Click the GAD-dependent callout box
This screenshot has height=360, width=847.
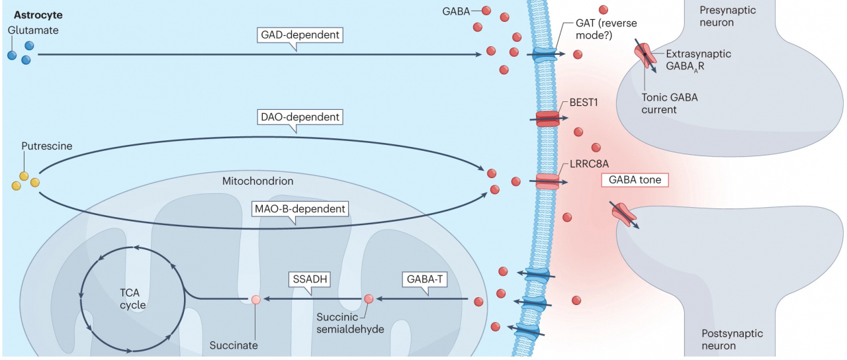coord(300,35)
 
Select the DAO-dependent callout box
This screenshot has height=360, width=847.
coord(300,117)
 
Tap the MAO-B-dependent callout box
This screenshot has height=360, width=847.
coord(300,208)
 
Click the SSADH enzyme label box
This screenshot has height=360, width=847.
coord(310,279)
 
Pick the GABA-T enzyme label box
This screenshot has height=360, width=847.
coord(424,279)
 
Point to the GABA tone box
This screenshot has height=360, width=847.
coord(635,180)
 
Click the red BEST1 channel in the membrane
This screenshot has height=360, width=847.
coord(547,118)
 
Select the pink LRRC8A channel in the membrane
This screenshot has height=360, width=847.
coord(547,182)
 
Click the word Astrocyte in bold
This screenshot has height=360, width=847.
coord(38,15)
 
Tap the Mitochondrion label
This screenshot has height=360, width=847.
coord(257,181)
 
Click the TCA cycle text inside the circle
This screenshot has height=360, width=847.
coord(132,298)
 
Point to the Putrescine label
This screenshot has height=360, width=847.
coord(46,146)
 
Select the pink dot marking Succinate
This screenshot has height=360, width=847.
coord(255,300)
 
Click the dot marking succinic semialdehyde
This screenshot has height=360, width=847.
coord(369,299)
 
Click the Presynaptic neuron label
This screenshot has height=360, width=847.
coord(727,17)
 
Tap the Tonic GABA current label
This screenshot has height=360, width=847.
coord(669,104)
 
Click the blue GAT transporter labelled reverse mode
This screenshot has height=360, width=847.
coord(544,54)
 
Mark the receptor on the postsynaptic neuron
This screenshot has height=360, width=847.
coord(624,214)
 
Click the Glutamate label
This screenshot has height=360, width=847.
coord(33,30)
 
